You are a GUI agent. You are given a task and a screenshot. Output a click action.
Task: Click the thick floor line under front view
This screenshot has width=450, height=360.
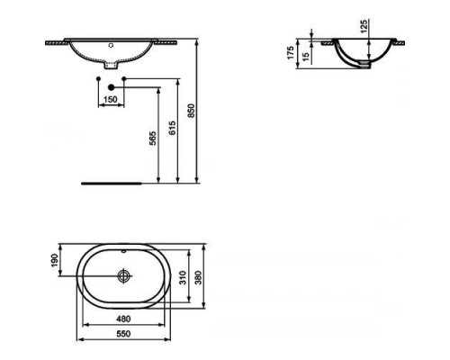(113, 181)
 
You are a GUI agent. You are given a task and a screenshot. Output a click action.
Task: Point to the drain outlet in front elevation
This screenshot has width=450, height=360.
(110, 66)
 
